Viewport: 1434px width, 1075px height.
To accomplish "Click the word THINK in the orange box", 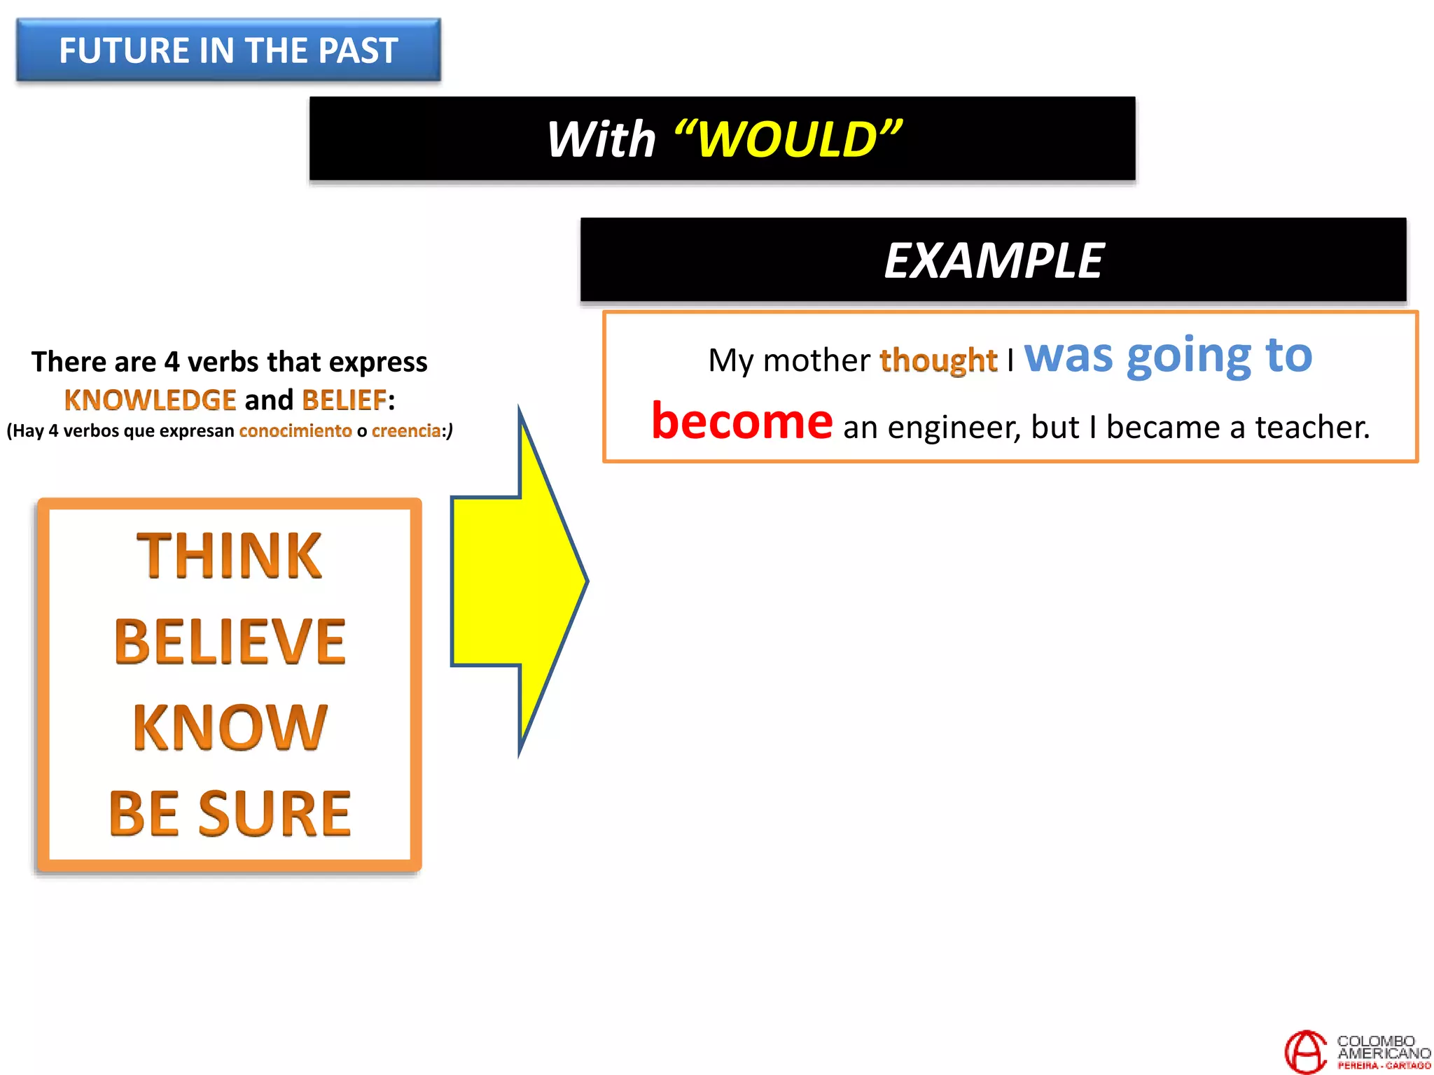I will click(x=229, y=556).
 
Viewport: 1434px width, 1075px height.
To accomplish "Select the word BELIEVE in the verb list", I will click(x=230, y=642).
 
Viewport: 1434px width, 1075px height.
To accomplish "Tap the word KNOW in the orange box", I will click(x=230, y=728).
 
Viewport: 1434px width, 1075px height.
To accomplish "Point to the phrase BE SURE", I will click(x=230, y=814).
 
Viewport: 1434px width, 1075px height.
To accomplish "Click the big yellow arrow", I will click(x=518, y=581).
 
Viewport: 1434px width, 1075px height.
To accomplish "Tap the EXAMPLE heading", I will click(x=993, y=260).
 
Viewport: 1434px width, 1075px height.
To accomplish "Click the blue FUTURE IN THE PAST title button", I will click(x=228, y=50).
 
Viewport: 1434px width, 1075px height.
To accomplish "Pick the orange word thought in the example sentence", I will click(x=938, y=360).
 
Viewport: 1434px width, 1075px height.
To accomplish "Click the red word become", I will click(x=742, y=421).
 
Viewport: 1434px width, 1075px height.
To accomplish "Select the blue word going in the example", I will click(x=1188, y=357).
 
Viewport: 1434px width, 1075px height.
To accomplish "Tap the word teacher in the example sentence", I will click(x=1311, y=427).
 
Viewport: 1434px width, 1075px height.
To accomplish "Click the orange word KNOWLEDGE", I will click(x=150, y=400).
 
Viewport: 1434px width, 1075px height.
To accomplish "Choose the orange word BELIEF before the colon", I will click(x=344, y=400).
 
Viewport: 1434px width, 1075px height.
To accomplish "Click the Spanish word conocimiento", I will click(x=295, y=431).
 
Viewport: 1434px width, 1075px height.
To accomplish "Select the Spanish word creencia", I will click(x=406, y=431).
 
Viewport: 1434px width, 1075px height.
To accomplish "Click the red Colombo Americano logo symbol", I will click(x=1305, y=1051).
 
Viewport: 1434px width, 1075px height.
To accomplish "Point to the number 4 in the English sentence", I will click(x=172, y=363).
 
